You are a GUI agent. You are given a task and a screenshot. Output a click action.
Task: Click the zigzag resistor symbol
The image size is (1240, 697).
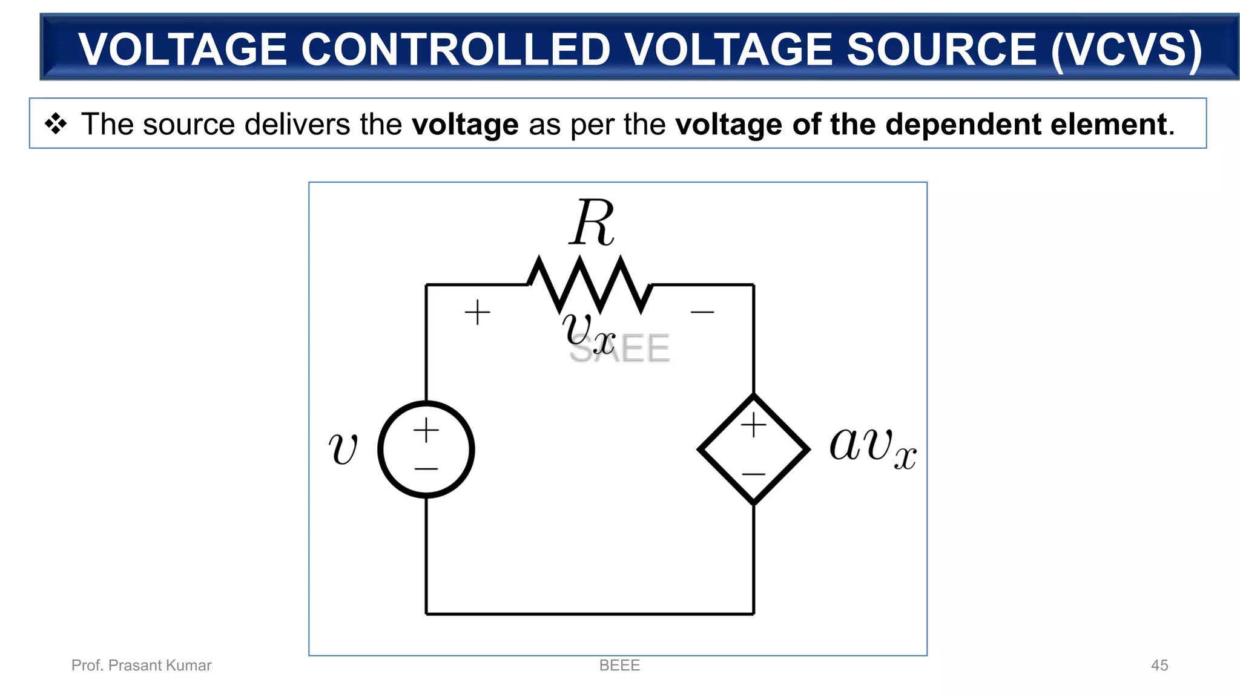[590, 284]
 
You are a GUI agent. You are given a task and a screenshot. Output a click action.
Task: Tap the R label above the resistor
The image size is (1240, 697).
[592, 223]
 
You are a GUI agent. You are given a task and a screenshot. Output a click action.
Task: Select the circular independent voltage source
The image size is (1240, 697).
[426, 450]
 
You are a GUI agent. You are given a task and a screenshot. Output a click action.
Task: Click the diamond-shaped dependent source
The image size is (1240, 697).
[753, 450]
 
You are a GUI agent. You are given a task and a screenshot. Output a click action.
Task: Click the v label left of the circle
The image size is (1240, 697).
[343, 449]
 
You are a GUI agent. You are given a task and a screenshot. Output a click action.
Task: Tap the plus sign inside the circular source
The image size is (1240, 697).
[426, 430]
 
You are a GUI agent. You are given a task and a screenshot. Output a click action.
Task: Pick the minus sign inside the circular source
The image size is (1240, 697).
[426, 468]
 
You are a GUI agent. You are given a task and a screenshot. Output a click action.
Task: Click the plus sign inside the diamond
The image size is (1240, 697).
[754, 425]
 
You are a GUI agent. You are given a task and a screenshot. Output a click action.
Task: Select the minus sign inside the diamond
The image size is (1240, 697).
[754, 474]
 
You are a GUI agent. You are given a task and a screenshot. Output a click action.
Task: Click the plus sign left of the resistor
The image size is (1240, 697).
[477, 312]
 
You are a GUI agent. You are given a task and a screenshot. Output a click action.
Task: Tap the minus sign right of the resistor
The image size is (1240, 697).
[702, 312]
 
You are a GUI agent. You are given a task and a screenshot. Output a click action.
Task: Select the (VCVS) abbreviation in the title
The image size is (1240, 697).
[1126, 49]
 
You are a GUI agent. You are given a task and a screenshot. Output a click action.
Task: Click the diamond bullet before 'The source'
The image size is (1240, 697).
[56, 123]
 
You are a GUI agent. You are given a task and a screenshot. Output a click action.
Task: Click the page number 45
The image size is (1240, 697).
[1159, 665]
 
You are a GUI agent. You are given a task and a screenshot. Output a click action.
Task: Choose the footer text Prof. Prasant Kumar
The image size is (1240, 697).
[142, 665]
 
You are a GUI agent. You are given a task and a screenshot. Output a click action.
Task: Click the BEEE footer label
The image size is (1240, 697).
[619, 665]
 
